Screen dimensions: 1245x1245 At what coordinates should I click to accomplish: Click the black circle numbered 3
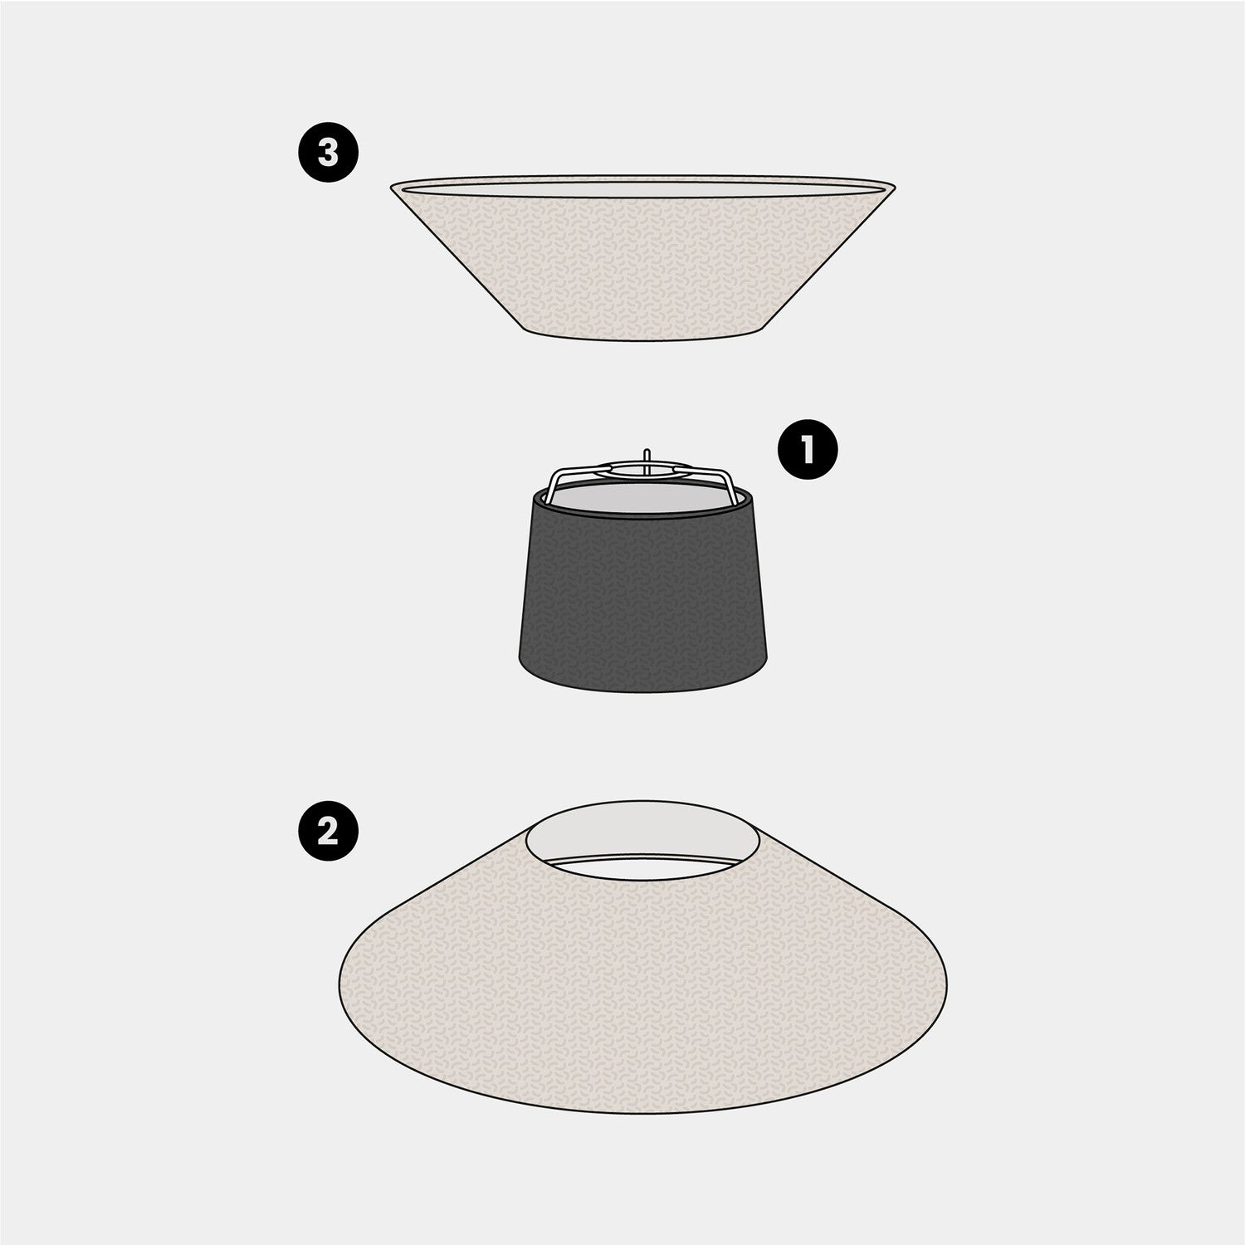[329, 153]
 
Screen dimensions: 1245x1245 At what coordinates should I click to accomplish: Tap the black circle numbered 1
[807, 449]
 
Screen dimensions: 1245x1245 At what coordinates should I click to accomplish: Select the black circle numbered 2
[329, 831]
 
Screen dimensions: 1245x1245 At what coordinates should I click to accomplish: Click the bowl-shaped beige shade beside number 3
[644, 257]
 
